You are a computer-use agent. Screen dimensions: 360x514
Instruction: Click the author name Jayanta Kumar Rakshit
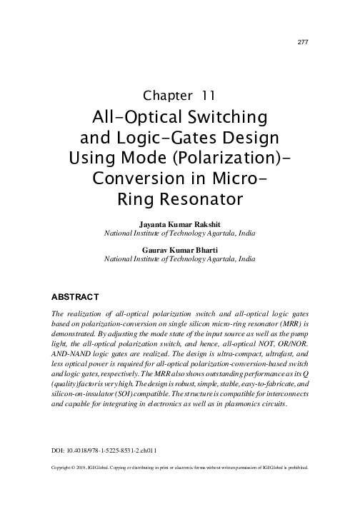coord(180,224)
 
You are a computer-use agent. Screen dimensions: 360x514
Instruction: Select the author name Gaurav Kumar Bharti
coord(180,251)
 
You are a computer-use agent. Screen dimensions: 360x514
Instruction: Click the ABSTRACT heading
coord(77,295)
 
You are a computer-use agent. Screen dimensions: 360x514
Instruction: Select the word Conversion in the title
coord(136,176)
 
